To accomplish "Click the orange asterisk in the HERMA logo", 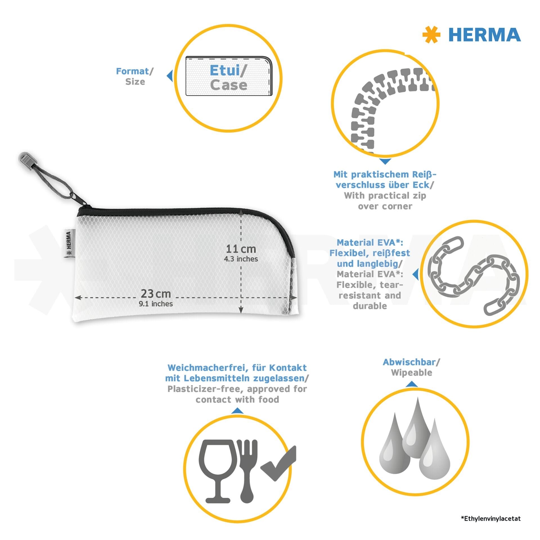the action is pyautogui.click(x=431, y=35).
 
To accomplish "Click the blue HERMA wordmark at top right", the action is pyautogui.click(x=485, y=35).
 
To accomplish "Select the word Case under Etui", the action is pyautogui.click(x=229, y=85).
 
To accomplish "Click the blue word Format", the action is pyautogui.click(x=132, y=71).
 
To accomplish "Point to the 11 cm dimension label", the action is pyautogui.click(x=241, y=249).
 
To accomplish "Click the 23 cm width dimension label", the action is pyautogui.click(x=156, y=294).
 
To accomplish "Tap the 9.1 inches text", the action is pyautogui.click(x=156, y=304).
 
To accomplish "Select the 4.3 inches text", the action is pyautogui.click(x=241, y=259).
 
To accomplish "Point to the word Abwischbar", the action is pyautogui.click(x=409, y=362).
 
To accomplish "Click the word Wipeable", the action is pyautogui.click(x=411, y=373).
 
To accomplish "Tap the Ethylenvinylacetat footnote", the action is pyautogui.click(x=491, y=519).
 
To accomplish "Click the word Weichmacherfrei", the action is pyautogui.click(x=208, y=368).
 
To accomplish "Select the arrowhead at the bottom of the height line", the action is pyautogui.click(x=241, y=310).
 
